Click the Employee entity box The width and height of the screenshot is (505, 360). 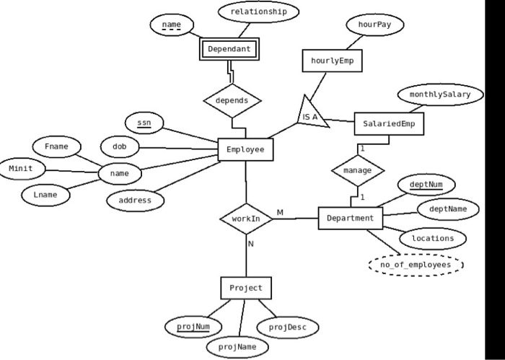click(245, 149)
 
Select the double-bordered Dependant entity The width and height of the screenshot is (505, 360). click(229, 49)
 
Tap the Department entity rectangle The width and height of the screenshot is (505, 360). click(350, 218)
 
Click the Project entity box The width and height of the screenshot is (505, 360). click(246, 289)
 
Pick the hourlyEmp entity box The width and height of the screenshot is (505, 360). click(332, 61)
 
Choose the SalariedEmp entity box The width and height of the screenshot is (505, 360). click(389, 124)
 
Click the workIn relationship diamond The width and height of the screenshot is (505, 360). click(246, 218)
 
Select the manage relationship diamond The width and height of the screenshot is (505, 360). click(357, 171)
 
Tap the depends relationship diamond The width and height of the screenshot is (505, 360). click(232, 101)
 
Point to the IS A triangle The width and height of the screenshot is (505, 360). click(311, 115)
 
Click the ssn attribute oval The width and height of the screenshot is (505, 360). click(144, 123)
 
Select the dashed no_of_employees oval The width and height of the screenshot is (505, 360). click(416, 265)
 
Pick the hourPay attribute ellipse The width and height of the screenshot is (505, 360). click(375, 25)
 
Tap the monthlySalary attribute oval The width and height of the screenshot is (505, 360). click(439, 95)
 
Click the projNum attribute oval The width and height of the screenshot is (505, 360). click(193, 327)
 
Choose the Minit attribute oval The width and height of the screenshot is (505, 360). click(20, 169)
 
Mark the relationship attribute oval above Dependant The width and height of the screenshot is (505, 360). click(258, 12)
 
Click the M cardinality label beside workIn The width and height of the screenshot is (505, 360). click(280, 212)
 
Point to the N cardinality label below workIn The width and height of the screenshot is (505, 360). click(251, 244)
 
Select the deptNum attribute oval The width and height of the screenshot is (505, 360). click(426, 185)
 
